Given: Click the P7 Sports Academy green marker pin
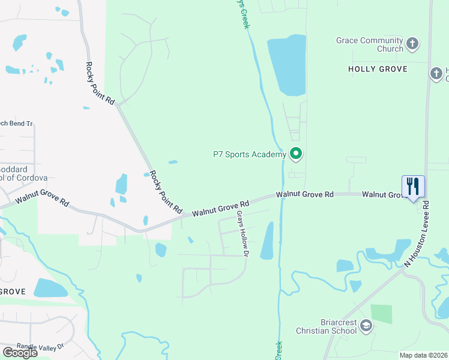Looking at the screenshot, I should click(x=295, y=154).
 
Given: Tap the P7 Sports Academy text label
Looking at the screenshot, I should click(x=250, y=154).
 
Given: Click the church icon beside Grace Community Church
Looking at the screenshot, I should click(x=412, y=43).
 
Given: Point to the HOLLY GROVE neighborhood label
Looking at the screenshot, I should click(x=378, y=69).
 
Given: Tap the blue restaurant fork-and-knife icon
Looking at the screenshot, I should click(x=413, y=186).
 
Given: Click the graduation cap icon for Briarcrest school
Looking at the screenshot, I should click(x=366, y=325).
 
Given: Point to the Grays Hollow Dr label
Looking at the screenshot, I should click(x=243, y=233).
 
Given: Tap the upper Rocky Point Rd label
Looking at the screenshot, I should click(x=100, y=83).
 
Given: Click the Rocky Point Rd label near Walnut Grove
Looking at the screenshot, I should click(x=166, y=192).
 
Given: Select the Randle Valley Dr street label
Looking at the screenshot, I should click(x=40, y=346).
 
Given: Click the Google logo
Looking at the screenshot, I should click(x=20, y=353).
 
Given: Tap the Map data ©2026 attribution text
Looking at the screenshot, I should click(x=423, y=355).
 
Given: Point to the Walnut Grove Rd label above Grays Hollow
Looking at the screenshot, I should click(x=220, y=209).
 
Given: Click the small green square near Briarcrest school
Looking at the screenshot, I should click(x=381, y=314).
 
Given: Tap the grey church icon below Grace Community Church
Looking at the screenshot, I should click(x=436, y=73).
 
